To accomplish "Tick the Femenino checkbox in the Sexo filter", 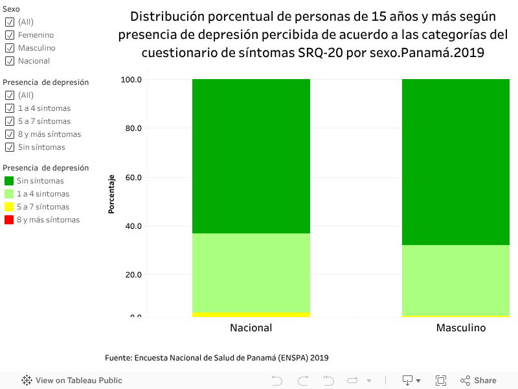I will (x=10, y=35).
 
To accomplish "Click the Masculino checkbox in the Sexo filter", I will (x=10, y=48).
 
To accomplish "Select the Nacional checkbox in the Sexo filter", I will (x=10, y=61).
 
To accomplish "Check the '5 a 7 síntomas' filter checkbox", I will (x=10, y=121).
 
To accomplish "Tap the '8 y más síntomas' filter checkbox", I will (x=10, y=134).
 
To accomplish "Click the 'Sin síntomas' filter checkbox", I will (x=10, y=147).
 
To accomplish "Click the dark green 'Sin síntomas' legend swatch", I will (x=9, y=181).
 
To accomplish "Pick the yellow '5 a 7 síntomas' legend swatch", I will (x=9, y=207).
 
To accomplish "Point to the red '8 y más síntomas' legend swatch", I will (x=9, y=220).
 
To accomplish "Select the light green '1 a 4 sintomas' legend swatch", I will (x=9, y=194).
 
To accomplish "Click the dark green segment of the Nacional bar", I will (x=251, y=156).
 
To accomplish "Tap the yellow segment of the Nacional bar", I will (x=251, y=314).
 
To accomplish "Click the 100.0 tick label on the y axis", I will (x=131, y=80).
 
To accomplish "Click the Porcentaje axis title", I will (x=111, y=194).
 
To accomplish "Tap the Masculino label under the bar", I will (x=460, y=328).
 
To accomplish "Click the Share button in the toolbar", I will (x=479, y=381).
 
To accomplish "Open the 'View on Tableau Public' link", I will (x=72, y=381).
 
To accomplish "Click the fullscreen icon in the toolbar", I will (x=441, y=381).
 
